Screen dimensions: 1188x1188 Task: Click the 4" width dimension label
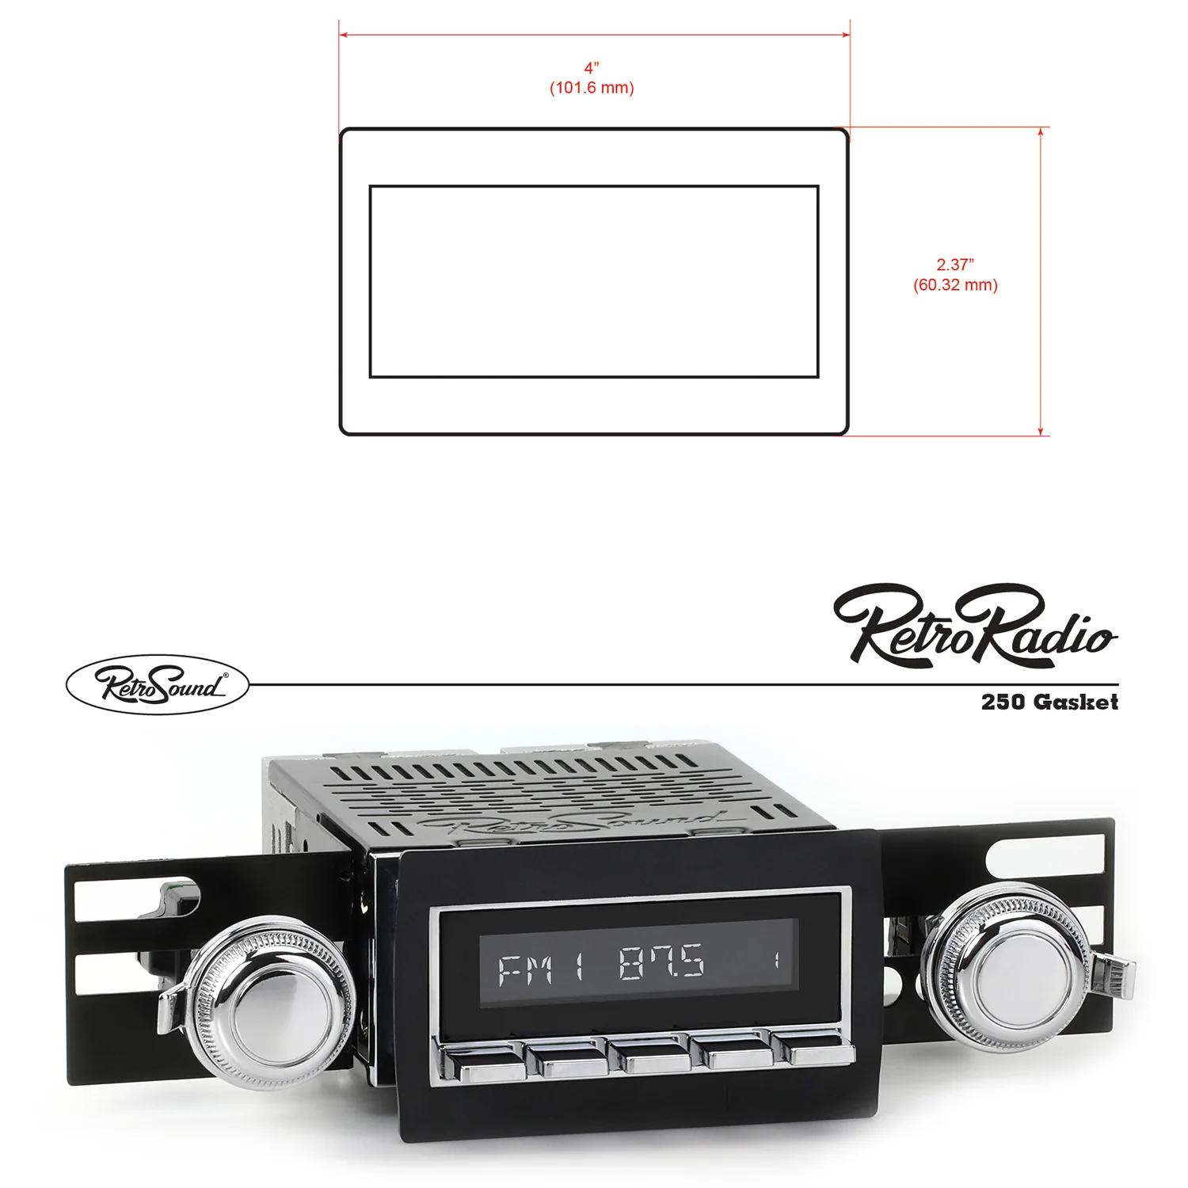592,68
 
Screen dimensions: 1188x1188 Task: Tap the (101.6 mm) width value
592,88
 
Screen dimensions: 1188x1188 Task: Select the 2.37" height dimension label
955,265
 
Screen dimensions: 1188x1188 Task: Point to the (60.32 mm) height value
955,285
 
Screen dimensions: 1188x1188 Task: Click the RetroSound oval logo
158,684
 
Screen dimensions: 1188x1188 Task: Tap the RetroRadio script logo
975,626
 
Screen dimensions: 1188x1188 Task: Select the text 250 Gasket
1049,702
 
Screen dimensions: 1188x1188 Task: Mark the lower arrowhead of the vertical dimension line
1041,430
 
